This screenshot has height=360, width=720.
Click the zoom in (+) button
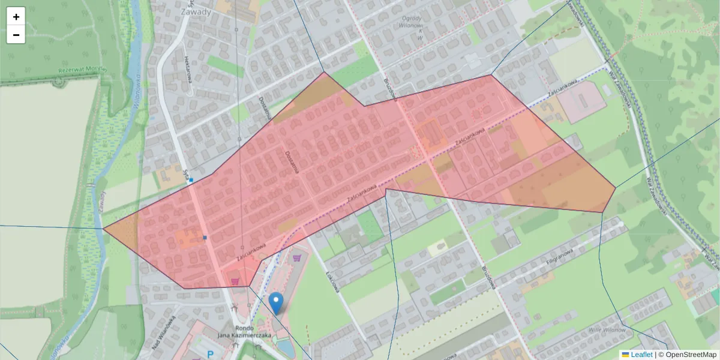pos(16,17)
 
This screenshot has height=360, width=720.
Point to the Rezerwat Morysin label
pos(82,70)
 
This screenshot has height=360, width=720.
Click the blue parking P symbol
pos(211,355)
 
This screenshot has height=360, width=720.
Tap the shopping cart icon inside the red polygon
pos(235,280)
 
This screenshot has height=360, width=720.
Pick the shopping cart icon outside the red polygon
pos(298,259)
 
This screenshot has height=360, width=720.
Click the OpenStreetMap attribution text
pos(690,355)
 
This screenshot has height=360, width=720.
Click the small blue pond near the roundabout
pos(287,348)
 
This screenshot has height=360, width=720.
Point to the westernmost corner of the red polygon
pos(104,228)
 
